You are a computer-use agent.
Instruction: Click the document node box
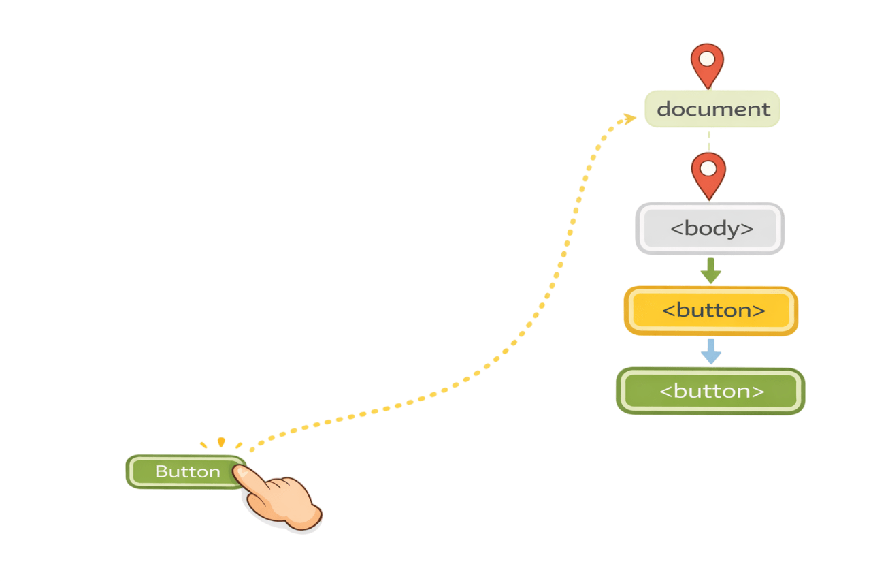(x=712, y=109)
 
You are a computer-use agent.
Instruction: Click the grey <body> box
(x=710, y=229)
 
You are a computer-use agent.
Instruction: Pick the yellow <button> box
(x=711, y=311)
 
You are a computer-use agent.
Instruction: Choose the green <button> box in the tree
(x=710, y=391)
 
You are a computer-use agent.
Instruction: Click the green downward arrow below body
(x=710, y=270)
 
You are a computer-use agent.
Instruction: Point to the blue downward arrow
(x=711, y=351)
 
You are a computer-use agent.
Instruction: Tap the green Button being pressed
(x=184, y=471)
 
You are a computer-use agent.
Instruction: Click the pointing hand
(x=282, y=501)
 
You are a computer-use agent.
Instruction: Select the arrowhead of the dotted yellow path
(x=629, y=119)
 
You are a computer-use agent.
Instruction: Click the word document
(x=713, y=109)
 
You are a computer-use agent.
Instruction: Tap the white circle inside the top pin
(x=708, y=59)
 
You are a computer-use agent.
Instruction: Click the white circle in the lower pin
(x=708, y=168)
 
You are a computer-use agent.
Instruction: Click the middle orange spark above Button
(x=220, y=442)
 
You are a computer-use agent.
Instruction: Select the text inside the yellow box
(x=713, y=311)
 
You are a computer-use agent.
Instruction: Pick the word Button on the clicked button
(x=187, y=471)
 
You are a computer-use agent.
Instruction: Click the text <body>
(x=712, y=229)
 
